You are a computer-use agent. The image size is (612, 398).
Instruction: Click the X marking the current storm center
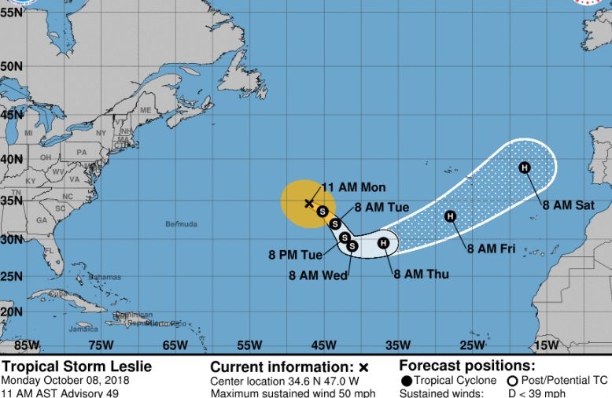308,203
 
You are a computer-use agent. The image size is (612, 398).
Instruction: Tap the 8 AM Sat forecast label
568,205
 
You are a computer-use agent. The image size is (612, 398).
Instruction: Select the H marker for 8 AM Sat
525,167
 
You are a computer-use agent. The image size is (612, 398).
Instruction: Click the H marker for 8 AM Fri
451,216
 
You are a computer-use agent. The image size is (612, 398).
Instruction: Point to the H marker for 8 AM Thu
383,243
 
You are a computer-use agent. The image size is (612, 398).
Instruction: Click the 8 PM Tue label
295,255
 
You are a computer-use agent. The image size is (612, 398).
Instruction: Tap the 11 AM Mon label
354,187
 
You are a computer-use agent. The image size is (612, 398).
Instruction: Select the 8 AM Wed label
319,275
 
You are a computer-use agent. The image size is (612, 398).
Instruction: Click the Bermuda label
181,224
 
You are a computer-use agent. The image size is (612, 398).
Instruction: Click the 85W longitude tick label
27,345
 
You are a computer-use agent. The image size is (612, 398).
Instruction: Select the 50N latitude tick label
11,67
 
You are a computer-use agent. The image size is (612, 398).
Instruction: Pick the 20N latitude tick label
11,311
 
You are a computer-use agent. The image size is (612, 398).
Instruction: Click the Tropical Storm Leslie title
76,367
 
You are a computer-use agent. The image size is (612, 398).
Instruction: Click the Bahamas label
105,277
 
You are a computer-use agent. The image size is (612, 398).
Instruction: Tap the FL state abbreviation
49,252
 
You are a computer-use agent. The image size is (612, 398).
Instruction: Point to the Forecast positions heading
467,366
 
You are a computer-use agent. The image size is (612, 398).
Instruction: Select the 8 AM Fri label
492,249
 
